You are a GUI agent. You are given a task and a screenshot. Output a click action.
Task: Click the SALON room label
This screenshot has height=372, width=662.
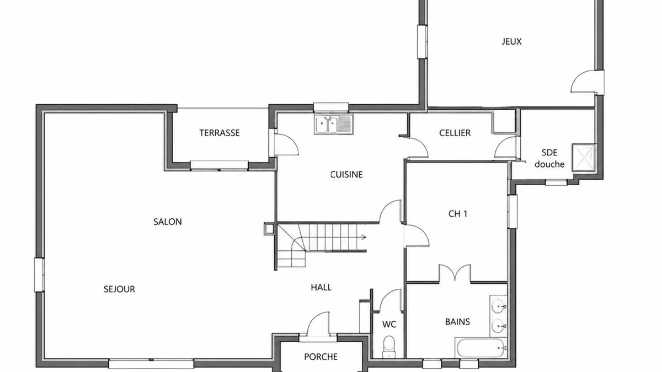pos(167,222)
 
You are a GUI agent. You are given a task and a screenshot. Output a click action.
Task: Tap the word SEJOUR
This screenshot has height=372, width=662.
pos(119,289)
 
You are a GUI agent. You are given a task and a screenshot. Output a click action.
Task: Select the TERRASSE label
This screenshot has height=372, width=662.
pos(220,133)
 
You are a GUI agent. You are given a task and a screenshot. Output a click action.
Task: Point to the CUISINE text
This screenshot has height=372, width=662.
pos(346,175)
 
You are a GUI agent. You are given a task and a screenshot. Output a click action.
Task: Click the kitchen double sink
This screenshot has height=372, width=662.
pos(334,125)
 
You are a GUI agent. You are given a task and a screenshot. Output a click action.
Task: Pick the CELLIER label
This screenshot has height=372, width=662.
pos(455,133)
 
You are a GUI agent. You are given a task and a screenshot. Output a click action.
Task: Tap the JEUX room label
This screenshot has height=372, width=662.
pos(511,41)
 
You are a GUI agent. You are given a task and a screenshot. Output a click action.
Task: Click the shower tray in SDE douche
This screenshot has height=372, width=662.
pos(584,158)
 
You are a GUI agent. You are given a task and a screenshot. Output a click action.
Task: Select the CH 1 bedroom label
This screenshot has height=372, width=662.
pos(458,214)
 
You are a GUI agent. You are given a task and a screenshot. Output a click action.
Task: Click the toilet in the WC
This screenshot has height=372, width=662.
pos(389,347)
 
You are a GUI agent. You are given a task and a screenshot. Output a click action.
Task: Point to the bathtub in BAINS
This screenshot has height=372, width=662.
pos(481,348)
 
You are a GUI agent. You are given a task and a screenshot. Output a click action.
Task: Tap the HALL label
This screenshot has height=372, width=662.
pos(321,287)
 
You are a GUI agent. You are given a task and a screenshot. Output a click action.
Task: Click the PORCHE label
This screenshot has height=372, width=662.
pos(321,357)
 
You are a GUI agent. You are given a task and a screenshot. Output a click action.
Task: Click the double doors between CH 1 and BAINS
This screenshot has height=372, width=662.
pos(455,273)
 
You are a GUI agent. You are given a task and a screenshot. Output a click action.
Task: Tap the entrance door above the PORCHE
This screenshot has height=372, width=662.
pos(318,324)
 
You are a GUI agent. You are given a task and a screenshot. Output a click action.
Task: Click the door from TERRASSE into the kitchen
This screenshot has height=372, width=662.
pos(286,144)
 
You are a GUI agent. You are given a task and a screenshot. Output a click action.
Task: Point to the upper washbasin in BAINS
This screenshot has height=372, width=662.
pos(499,306)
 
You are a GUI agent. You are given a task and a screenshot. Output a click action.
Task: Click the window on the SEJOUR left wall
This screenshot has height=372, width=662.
pos(39,275)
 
